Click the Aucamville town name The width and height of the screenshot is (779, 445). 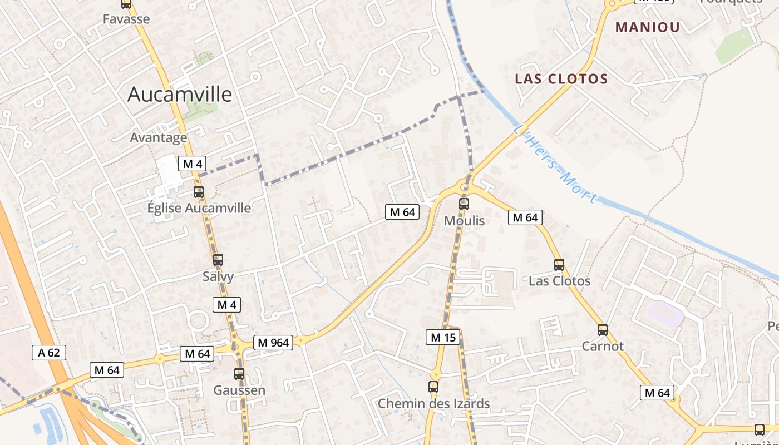[x=179, y=95]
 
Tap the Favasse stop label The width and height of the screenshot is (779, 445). [x=126, y=19]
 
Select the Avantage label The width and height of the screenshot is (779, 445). [x=159, y=137]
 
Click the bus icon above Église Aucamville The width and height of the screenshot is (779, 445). [x=199, y=192]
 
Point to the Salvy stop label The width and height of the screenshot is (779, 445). [x=218, y=276]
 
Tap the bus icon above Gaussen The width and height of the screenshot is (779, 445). [x=239, y=374]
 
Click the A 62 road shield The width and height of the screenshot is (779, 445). [x=49, y=352]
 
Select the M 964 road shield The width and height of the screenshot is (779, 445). [x=273, y=343]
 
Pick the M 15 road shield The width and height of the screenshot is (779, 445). [x=443, y=337]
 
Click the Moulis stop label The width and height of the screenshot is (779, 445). [x=464, y=221]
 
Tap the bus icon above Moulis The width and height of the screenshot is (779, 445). [x=464, y=204]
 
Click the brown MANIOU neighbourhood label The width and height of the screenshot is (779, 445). [x=648, y=27]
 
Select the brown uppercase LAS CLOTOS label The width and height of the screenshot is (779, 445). [x=561, y=79]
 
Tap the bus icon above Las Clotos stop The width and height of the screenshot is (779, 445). [x=559, y=265]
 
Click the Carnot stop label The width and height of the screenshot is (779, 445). [x=603, y=346]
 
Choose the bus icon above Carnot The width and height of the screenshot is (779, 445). [x=603, y=330]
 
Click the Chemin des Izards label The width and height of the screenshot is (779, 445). [x=434, y=404]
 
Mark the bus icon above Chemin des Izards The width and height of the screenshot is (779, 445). [x=433, y=387]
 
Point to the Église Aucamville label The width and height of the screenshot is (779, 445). [x=199, y=209]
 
